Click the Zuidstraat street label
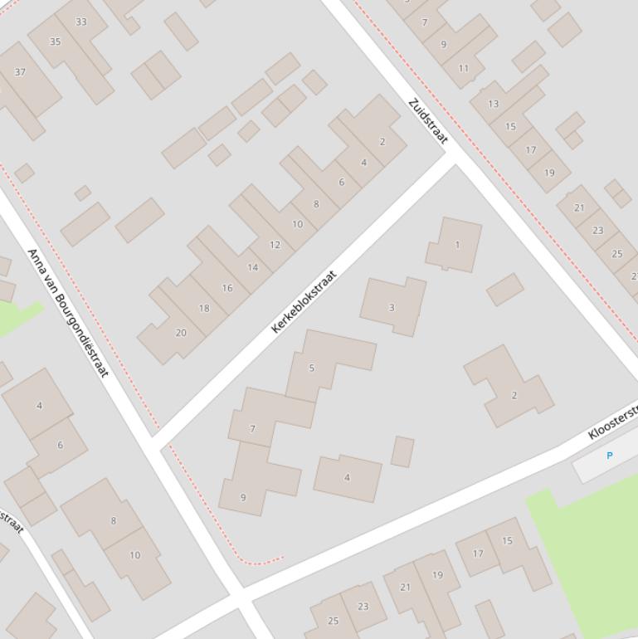click(427, 121)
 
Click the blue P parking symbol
click(610, 456)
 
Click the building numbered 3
click(392, 307)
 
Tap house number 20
click(180, 333)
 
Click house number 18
click(204, 308)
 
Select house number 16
click(227, 288)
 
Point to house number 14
click(252, 267)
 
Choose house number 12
click(275, 245)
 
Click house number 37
click(20, 71)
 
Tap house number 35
click(55, 41)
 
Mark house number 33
click(80, 22)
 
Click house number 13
click(494, 104)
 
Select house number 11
click(463, 68)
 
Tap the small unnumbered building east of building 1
click(504, 290)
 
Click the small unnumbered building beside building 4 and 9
click(402, 451)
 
